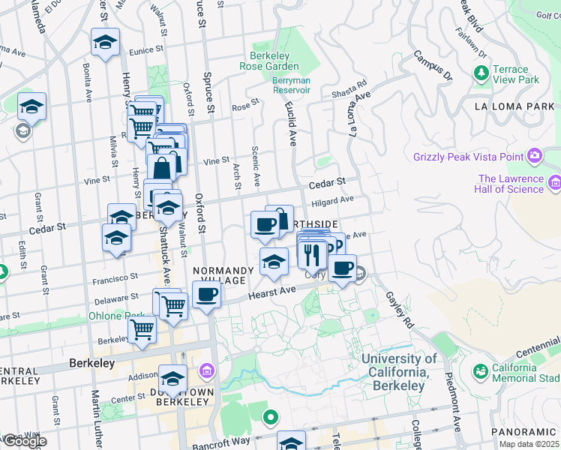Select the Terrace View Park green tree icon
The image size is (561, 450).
point(480,73)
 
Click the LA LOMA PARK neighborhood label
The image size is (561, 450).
point(514,106)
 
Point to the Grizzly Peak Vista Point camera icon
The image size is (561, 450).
point(535,157)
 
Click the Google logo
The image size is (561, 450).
point(24,441)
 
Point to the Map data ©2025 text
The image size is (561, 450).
point(528,444)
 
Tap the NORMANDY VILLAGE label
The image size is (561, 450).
point(220,275)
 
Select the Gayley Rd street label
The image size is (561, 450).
point(400,310)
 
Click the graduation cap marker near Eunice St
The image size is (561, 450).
point(106,43)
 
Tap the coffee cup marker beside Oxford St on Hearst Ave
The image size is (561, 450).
point(207,294)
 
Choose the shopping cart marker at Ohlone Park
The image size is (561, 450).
point(142,328)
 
